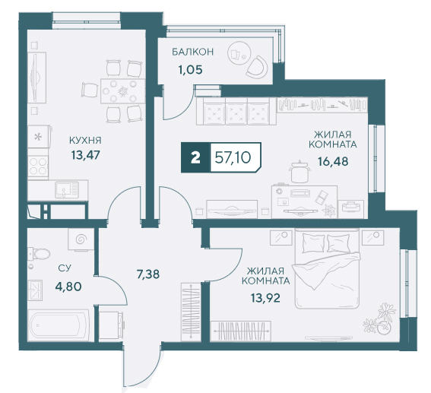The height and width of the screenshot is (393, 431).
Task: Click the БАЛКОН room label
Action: tap(192, 52)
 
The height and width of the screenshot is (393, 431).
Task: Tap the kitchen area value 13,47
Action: tap(85, 155)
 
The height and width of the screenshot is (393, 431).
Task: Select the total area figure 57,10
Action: tap(233, 158)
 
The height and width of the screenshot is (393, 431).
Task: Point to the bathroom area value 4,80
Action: tap(68, 287)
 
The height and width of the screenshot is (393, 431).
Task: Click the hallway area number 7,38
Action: tap(148, 274)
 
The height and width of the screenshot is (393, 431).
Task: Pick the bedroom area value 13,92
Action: tap(265, 298)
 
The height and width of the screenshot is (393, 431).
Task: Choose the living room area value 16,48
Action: tap(333, 161)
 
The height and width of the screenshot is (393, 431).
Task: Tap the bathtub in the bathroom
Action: tap(59, 325)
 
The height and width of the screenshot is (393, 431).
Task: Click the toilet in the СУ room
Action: tap(39, 253)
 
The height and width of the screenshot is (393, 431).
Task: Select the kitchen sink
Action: tap(67, 189)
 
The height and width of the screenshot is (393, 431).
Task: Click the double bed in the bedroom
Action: tap(327, 268)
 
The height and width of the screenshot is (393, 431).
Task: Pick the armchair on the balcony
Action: tap(257, 67)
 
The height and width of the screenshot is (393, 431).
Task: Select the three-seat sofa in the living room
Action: tap(236, 111)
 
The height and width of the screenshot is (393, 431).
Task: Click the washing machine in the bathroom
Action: tap(81, 239)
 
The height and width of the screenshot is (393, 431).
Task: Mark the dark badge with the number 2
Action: tap(195, 158)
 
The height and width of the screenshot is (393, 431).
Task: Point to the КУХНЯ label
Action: tap(85, 141)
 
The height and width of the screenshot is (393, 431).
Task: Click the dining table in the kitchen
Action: tap(122, 90)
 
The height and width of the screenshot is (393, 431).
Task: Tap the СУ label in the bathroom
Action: tap(65, 268)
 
